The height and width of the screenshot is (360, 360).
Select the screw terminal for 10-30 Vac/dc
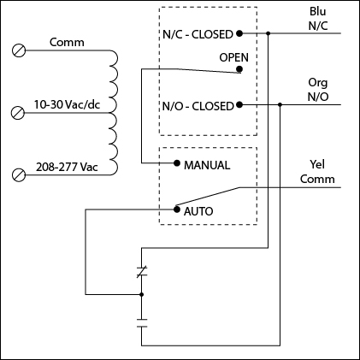click(18, 112)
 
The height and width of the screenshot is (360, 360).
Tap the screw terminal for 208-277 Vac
click(18, 174)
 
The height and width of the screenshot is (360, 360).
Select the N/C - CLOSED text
click(197, 34)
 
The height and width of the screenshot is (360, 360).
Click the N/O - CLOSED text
click(197, 106)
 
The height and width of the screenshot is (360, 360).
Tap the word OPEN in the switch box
click(233, 56)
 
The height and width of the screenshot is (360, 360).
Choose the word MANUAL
click(207, 162)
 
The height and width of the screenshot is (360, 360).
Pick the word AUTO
click(198, 210)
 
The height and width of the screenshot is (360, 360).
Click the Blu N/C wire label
click(317, 20)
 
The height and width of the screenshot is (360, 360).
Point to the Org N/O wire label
click(317, 90)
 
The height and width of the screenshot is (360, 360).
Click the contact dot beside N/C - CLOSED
click(240, 33)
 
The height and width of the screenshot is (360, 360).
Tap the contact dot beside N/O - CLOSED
click(240, 105)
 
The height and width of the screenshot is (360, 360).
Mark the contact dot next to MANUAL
click(175, 162)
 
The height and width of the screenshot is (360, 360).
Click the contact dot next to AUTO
click(175, 209)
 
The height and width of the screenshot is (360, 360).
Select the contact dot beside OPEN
click(240, 72)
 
